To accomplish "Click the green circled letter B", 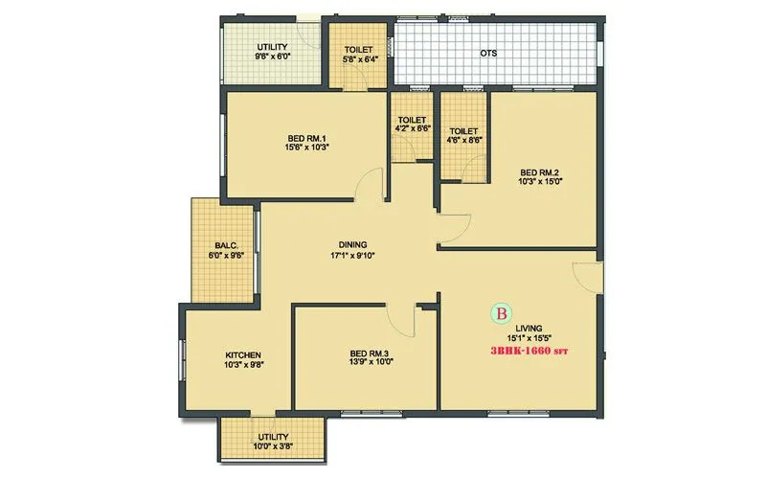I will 501,313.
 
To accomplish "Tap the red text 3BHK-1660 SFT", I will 529,352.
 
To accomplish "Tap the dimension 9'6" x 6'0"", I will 272,57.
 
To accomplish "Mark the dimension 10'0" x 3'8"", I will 274,445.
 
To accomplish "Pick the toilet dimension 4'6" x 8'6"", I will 463,140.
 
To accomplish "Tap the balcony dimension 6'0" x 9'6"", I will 227,255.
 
